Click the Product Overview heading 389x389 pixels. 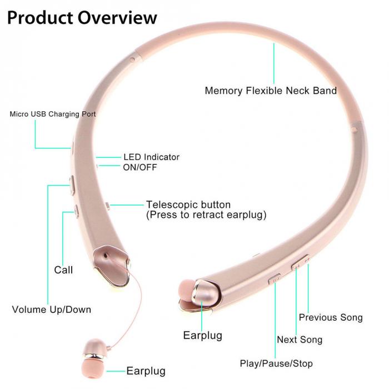coord(82,17)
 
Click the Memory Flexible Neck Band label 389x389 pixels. coord(271,91)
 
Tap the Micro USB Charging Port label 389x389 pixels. coord(53,114)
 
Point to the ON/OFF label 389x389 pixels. coord(140,167)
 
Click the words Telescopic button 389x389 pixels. coord(188,205)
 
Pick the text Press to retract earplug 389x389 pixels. coord(206,215)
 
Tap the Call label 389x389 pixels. coord(63,270)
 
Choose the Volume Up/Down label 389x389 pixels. coord(51,310)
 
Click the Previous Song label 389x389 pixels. coord(331,317)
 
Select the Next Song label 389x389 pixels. coord(300,340)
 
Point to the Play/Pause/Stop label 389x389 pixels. coord(276,364)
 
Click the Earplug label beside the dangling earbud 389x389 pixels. coord(146,371)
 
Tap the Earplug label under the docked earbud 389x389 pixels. coord(202,335)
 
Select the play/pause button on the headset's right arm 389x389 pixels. coord(275,278)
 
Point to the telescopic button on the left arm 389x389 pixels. coord(107,205)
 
